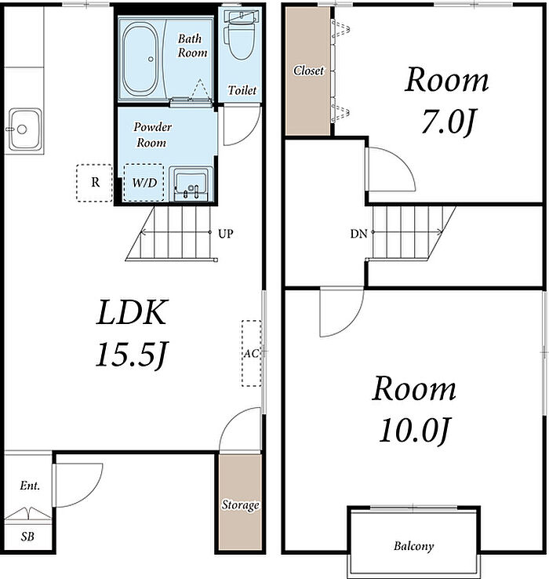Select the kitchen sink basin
click(25, 129)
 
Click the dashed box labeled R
click(95, 183)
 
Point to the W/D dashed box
click(144, 183)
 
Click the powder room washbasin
click(191, 184)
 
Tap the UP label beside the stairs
click(225, 234)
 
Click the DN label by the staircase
click(358, 234)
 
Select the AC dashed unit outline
click(252, 353)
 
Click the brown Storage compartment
click(240, 502)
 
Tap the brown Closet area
click(308, 71)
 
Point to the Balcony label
click(413, 546)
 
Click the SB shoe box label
click(27, 537)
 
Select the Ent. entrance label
click(30, 486)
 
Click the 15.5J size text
click(132, 355)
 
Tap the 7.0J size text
click(448, 122)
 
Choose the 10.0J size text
click(414, 430)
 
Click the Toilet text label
click(242, 90)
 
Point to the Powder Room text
click(152, 135)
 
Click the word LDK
click(133, 312)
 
